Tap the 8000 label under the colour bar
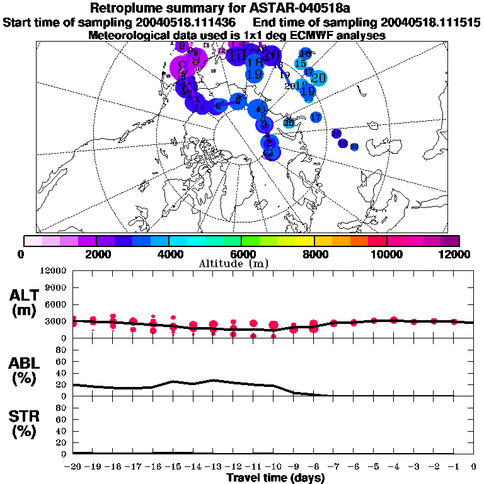coord(314,254)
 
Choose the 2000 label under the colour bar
coord(96,254)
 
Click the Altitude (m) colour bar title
coord(243,263)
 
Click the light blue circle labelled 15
coord(301,64)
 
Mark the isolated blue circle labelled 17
coord(316,117)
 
